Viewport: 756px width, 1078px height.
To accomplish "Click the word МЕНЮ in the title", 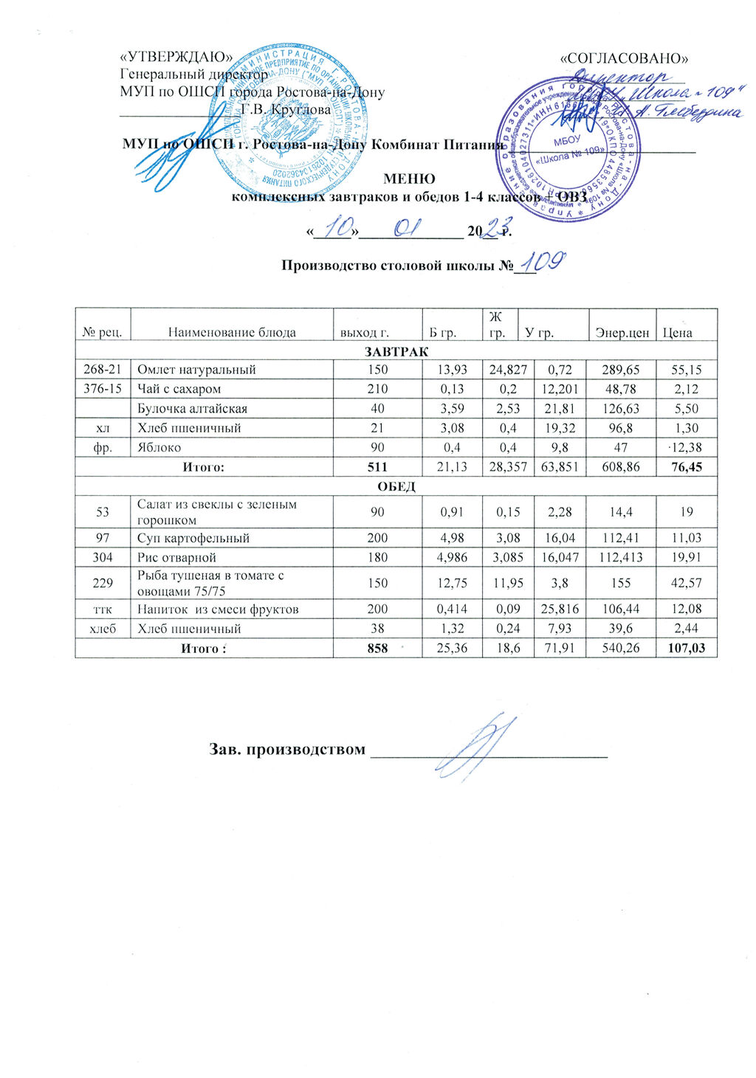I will (409, 179).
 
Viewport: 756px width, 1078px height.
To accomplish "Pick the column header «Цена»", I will (677, 332).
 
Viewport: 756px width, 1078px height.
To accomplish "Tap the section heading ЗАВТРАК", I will (396, 351).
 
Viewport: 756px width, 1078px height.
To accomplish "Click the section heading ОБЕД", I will (396, 486).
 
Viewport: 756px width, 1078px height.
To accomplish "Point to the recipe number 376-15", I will (103, 389).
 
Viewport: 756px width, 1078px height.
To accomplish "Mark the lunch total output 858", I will (377, 648).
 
